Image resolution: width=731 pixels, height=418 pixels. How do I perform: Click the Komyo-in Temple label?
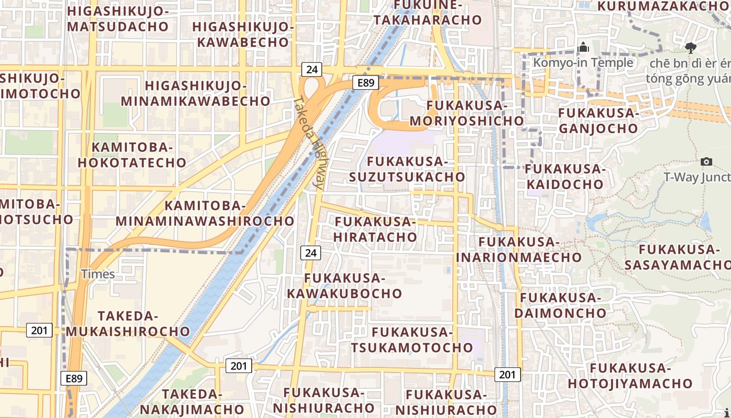[x=583, y=63]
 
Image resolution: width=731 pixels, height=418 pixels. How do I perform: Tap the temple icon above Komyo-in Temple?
[x=583, y=48]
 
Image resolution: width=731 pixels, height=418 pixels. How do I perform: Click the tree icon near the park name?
[x=691, y=48]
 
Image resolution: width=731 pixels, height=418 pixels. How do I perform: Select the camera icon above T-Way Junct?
[x=706, y=162]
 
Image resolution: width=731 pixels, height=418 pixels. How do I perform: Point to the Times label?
[x=98, y=274]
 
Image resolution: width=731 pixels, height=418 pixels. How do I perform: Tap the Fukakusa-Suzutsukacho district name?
[x=407, y=169]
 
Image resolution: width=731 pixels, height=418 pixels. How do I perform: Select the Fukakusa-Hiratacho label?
[x=375, y=229]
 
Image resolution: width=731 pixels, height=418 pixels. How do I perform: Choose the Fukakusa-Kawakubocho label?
[x=345, y=286]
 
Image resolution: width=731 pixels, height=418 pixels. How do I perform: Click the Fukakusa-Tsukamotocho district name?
[x=412, y=340]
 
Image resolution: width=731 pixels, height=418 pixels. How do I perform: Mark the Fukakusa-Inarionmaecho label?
[x=519, y=249]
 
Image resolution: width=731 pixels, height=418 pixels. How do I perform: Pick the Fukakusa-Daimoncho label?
[x=561, y=305]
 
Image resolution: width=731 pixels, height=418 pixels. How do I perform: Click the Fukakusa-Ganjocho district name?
[x=598, y=120]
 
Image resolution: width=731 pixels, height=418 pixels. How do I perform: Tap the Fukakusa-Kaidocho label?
[x=565, y=177]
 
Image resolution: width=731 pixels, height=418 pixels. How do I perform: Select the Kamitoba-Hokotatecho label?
[x=132, y=155]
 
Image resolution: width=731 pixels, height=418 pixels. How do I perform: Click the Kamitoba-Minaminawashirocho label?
[x=205, y=213]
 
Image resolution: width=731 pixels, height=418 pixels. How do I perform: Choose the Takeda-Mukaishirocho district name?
[x=127, y=323]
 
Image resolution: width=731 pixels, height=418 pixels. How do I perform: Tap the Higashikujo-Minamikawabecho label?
[x=195, y=93]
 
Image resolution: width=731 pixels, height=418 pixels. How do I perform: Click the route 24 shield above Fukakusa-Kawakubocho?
[x=311, y=253]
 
